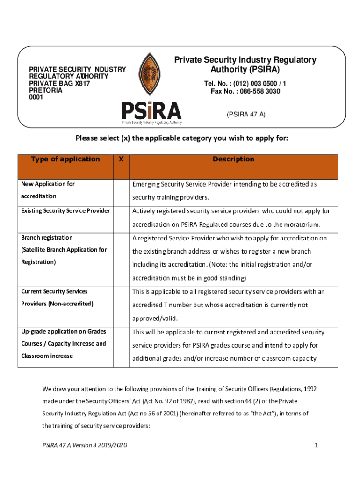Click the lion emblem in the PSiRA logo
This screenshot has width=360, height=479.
(x=151, y=75)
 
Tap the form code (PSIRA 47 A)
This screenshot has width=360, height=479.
(x=245, y=114)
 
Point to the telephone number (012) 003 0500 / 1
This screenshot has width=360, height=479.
(x=245, y=83)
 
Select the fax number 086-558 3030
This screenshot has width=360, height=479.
(x=245, y=91)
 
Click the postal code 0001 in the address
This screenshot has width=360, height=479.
(x=36, y=97)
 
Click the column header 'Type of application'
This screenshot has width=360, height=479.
(x=65, y=159)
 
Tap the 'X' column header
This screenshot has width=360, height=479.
(x=121, y=159)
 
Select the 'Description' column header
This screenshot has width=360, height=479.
(x=233, y=159)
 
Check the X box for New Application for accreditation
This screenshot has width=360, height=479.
(x=121, y=191)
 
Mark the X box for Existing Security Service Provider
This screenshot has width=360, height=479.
(x=121, y=218)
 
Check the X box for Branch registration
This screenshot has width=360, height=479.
(x=121, y=258)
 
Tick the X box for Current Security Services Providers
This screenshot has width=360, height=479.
(x=121, y=305)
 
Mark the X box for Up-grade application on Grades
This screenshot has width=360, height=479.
(x=121, y=345)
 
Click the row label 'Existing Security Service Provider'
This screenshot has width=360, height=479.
(x=65, y=211)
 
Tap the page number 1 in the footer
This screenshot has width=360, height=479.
(x=317, y=445)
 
